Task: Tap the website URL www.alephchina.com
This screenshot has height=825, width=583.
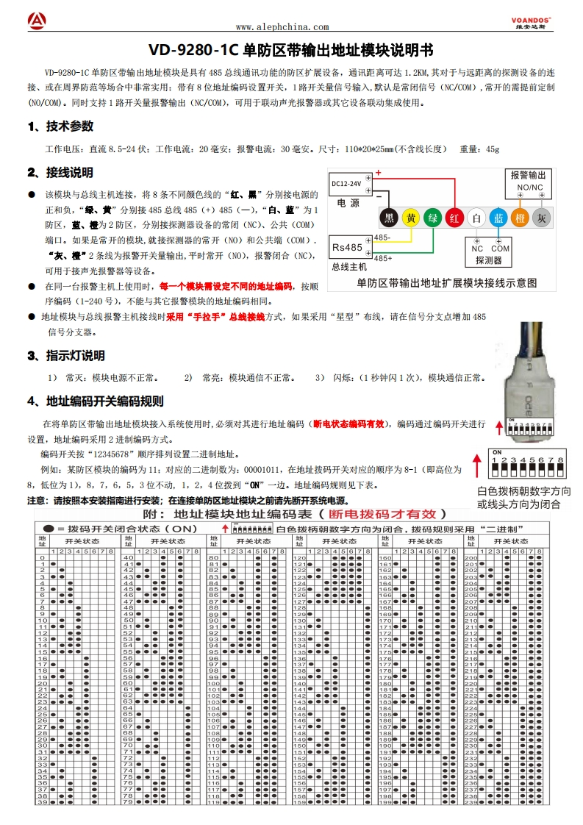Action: (x=282, y=27)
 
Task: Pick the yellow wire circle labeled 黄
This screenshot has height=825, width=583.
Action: (x=412, y=218)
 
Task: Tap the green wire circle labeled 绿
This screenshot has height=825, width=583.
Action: (x=433, y=218)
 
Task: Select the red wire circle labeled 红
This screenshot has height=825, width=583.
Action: (x=455, y=218)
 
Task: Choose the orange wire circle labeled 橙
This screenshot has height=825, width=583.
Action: (x=519, y=218)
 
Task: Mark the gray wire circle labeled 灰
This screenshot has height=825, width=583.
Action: (x=541, y=218)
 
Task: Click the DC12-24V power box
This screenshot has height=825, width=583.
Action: (x=346, y=183)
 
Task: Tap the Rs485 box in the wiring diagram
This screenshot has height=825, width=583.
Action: (x=348, y=247)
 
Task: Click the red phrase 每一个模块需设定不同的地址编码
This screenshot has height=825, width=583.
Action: (x=226, y=286)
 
